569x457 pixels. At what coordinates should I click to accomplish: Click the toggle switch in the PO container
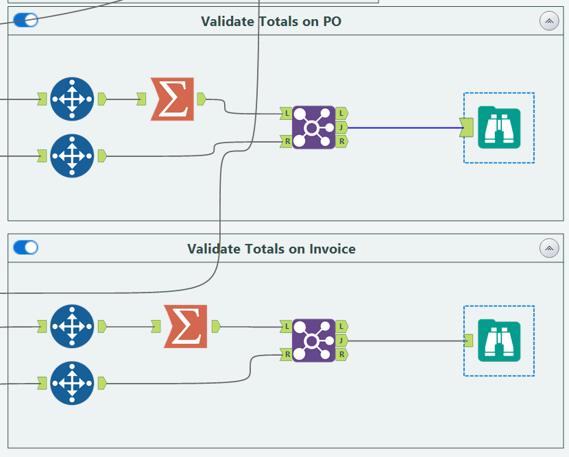pyautogui.click(x=25, y=21)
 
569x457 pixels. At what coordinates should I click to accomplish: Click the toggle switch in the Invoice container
pyautogui.click(x=25, y=247)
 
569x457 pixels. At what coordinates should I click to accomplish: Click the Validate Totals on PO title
pyautogui.click(x=271, y=21)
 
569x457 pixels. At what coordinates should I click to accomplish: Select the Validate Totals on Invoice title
pyautogui.click(x=271, y=249)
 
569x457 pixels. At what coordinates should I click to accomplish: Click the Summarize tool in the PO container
pyautogui.click(x=172, y=99)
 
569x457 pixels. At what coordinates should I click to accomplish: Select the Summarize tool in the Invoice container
pyautogui.click(x=185, y=326)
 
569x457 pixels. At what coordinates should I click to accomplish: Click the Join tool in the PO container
pyautogui.click(x=313, y=127)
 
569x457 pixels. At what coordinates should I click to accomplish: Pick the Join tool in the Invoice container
pyautogui.click(x=313, y=341)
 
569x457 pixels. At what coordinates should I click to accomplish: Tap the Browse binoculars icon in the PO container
pyautogui.click(x=499, y=128)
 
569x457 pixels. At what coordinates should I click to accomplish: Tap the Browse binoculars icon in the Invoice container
pyautogui.click(x=499, y=341)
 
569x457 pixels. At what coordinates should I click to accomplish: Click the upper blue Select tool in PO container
pyautogui.click(x=71, y=99)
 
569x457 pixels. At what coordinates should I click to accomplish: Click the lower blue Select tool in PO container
pyautogui.click(x=71, y=156)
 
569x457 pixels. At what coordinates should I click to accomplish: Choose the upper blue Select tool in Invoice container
pyautogui.click(x=71, y=326)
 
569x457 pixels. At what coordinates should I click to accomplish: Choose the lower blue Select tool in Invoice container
pyautogui.click(x=71, y=383)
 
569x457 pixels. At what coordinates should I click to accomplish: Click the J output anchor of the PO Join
pyautogui.click(x=341, y=127)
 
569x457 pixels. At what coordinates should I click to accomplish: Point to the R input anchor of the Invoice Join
pyautogui.click(x=286, y=354)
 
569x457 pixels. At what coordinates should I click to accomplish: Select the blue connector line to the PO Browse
pyautogui.click(x=404, y=127)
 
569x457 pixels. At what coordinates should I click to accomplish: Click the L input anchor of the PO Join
pyautogui.click(x=286, y=113)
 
